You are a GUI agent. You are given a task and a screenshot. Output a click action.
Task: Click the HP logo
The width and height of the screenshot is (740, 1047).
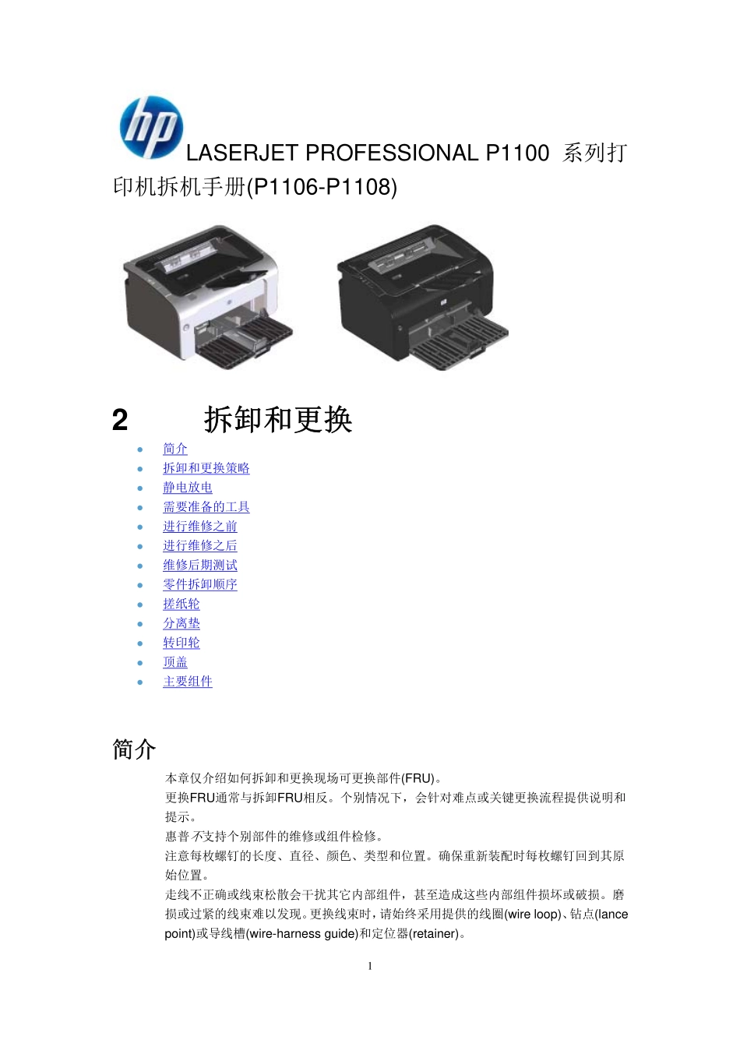click(150, 127)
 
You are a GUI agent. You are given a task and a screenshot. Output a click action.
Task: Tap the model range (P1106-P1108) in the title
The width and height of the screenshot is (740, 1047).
click(322, 187)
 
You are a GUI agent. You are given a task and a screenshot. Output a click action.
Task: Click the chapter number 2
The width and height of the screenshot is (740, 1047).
click(120, 421)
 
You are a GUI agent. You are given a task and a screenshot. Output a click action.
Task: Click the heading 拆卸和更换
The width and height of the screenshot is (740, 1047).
click(278, 420)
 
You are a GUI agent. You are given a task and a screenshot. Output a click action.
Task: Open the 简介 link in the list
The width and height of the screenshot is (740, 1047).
click(175, 449)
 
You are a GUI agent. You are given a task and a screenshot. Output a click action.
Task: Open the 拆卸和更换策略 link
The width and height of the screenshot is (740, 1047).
click(206, 468)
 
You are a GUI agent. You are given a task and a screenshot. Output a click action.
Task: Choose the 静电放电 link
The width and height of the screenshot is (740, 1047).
click(188, 488)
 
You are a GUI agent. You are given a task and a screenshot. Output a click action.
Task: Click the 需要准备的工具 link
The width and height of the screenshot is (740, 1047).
click(206, 507)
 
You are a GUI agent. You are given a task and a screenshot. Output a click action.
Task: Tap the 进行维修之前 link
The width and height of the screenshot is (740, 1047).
click(200, 527)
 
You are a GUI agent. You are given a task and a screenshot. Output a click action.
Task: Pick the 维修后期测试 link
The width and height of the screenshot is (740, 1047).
click(200, 566)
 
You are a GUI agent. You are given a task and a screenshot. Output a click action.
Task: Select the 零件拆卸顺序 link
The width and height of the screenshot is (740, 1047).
click(200, 585)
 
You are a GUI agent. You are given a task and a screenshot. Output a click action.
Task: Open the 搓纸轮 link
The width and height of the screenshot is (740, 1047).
click(181, 605)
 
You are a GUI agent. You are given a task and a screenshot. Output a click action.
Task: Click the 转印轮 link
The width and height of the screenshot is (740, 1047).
click(181, 643)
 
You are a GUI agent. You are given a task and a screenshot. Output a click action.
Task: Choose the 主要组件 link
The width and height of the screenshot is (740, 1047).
click(188, 682)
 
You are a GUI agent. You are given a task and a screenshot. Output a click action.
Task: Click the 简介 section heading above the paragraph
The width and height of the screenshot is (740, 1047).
click(134, 749)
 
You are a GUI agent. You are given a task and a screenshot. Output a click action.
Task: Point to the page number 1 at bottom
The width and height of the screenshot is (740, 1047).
click(370, 966)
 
